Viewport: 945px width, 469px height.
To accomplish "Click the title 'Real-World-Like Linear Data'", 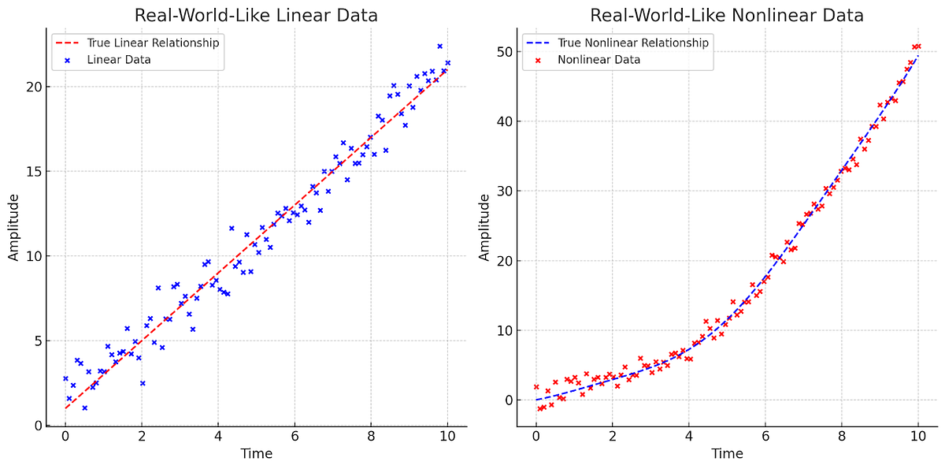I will tap(256, 16).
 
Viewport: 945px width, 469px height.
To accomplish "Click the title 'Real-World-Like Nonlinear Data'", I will tap(727, 16).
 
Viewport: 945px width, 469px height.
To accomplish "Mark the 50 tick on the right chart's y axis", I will tap(506, 52).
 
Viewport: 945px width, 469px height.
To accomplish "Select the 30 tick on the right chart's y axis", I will tap(506, 192).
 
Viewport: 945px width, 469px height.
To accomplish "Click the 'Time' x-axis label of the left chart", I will tap(256, 455).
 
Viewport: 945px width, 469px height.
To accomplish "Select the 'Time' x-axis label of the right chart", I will tap(727, 455).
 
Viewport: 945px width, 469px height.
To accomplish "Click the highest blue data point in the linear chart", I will tap(439, 47).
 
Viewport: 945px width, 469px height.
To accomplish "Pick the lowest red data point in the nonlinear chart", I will tap(539, 408).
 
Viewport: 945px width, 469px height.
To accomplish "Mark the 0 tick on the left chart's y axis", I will tap(39, 426).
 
